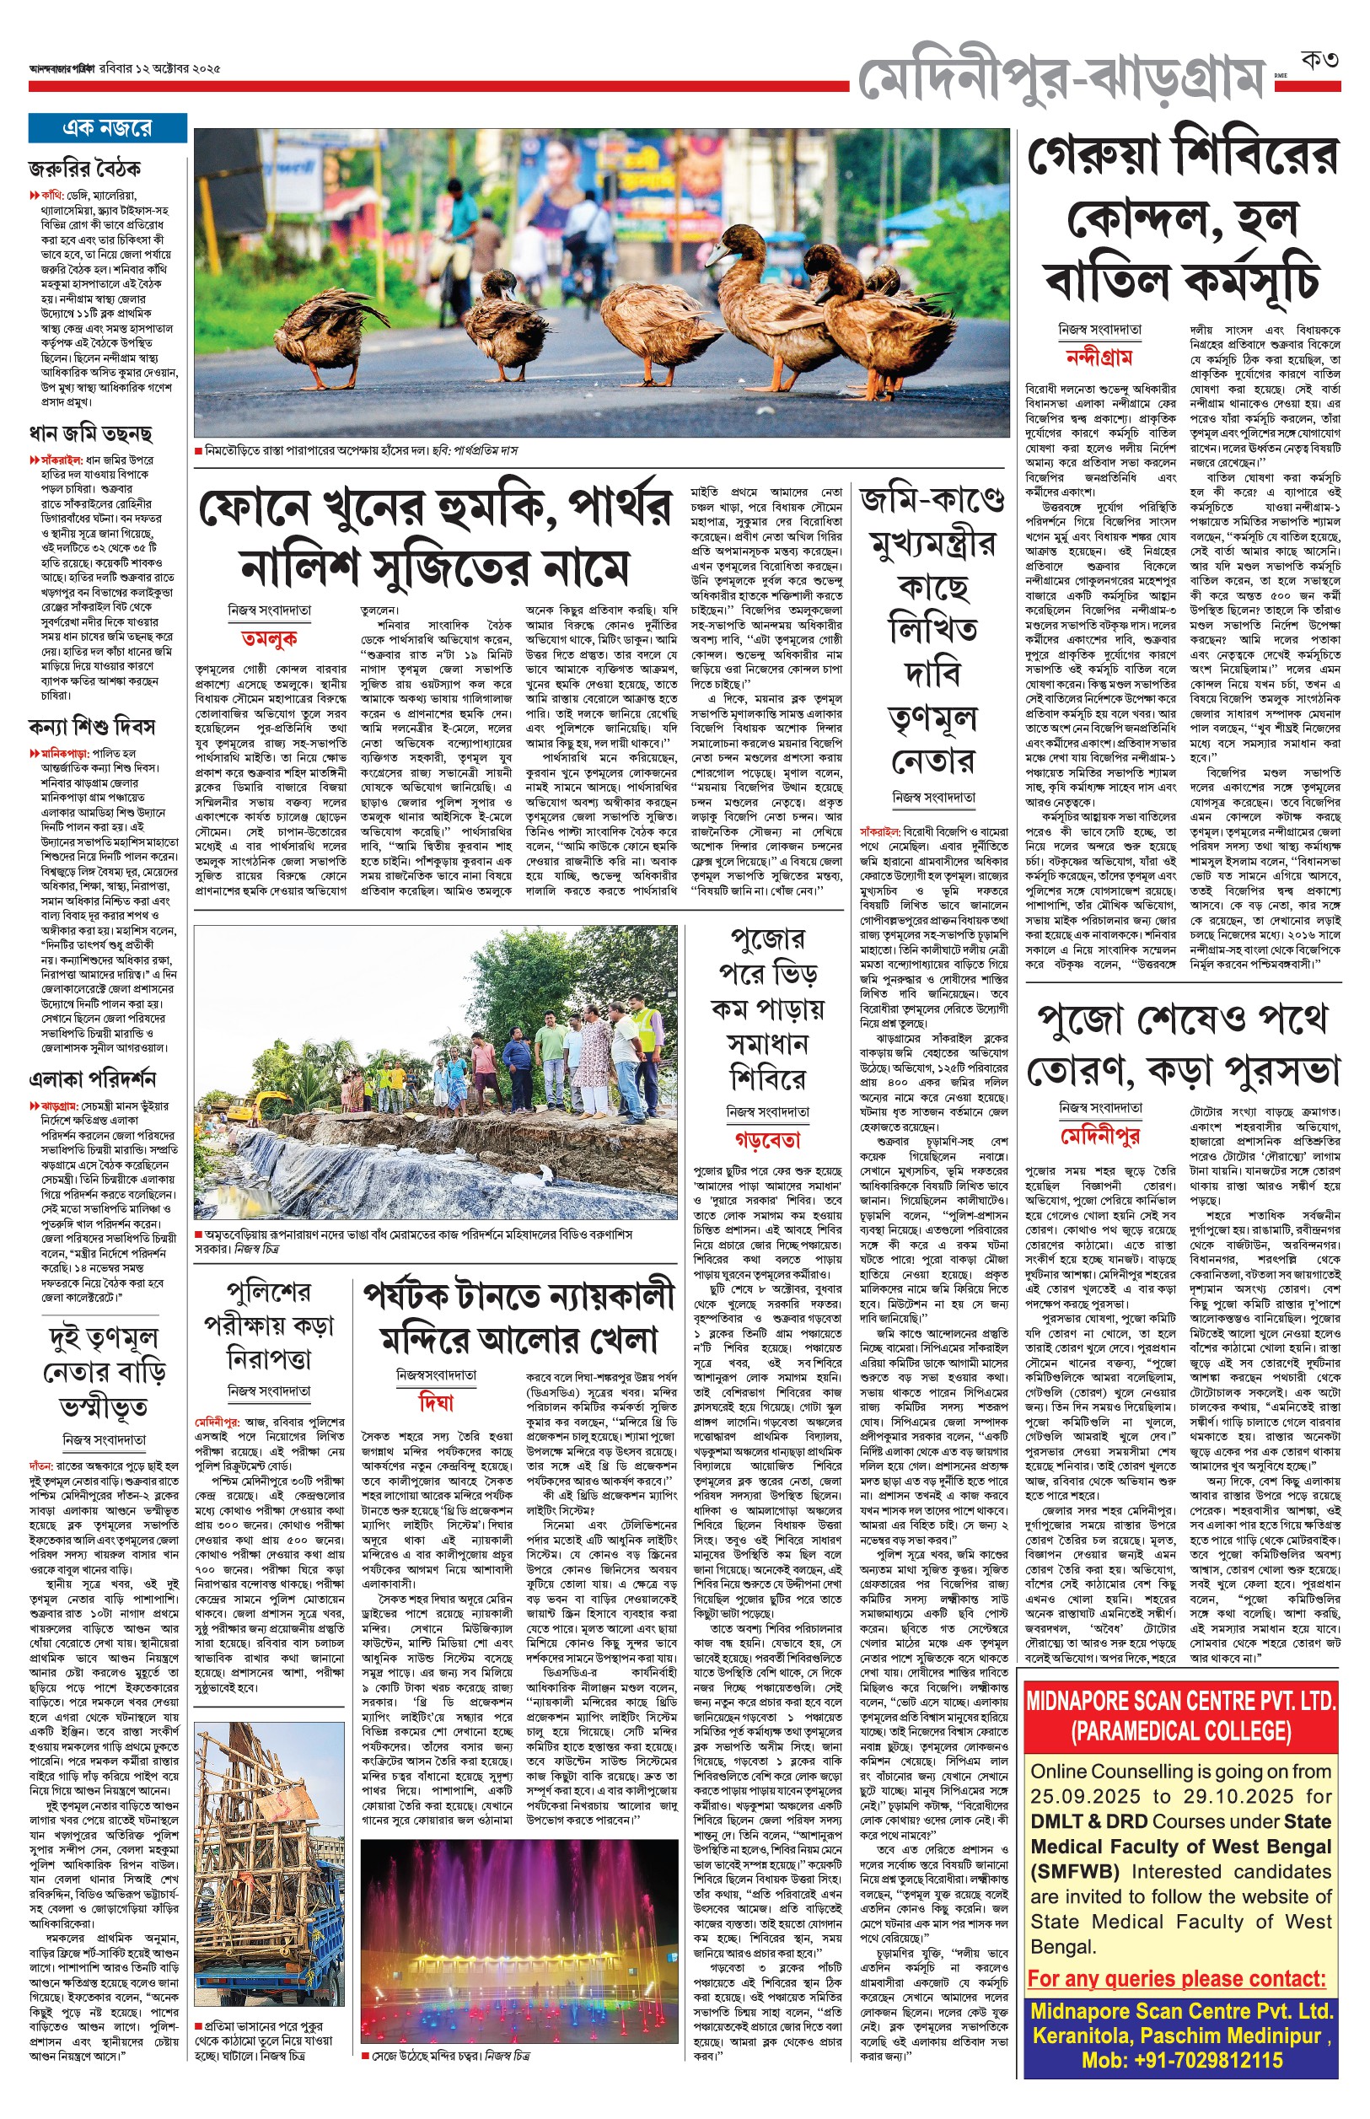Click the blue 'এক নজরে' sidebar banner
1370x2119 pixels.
click(107, 128)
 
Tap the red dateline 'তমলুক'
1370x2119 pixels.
click(269, 637)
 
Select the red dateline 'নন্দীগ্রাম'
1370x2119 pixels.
click(1099, 358)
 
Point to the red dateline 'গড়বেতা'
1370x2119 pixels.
click(767, 1139)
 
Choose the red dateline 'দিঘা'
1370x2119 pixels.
click(436, 1403)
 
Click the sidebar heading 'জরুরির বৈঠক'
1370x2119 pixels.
click(84, 168)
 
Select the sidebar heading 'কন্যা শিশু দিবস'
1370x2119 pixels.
click(92, 727)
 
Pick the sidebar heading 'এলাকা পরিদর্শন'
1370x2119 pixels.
click(93, 1079)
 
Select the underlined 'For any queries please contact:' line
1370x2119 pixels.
click(1176, 1977)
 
